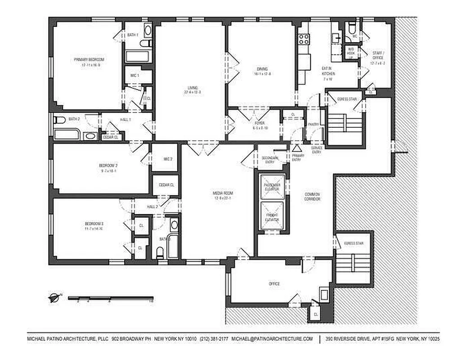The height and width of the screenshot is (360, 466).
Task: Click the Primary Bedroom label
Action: (90, 60)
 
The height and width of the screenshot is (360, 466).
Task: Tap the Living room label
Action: (192, 88)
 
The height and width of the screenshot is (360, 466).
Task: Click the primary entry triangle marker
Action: (296, 148)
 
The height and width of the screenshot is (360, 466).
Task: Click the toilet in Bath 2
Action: (59, 120)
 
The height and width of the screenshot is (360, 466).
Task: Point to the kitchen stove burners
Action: (304, 39)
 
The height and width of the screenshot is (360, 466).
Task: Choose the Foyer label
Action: (260, 123)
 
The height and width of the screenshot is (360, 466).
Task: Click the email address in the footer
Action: (272, 338)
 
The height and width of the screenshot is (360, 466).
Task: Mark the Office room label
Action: (274, 284)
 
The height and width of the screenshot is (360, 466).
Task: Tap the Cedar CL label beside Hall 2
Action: (166, 185)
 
